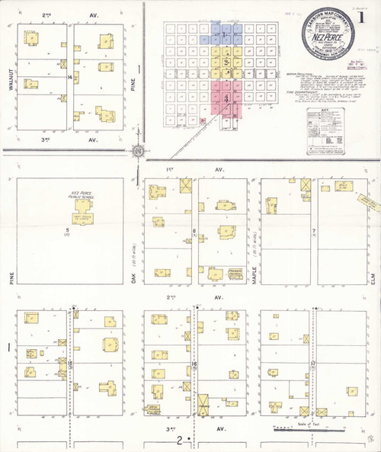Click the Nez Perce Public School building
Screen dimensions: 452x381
82,206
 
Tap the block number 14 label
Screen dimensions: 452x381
69,78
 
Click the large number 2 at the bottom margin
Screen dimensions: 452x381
180,441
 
